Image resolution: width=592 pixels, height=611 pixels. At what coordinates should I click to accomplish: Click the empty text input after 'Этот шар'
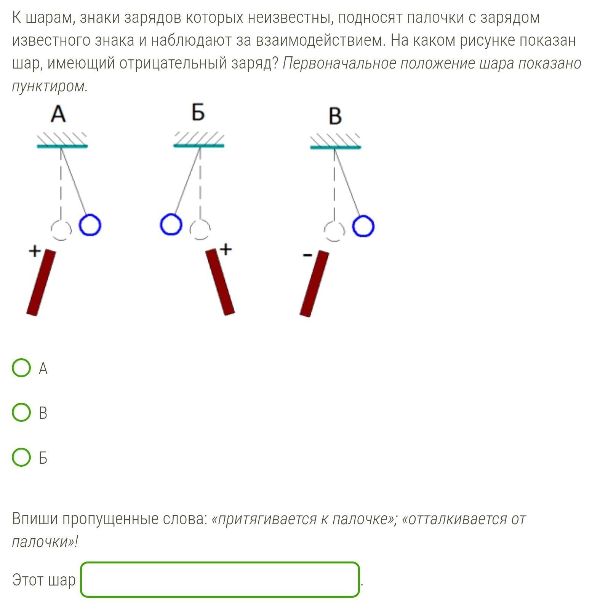point(219,579)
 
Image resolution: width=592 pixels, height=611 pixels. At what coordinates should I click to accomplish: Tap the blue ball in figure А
point(90,225)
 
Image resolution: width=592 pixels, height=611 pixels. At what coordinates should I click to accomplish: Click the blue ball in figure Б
point(171,225)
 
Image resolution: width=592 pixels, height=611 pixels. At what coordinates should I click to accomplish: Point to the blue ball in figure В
point(363,226)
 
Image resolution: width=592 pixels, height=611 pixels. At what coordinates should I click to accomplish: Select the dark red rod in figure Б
point(220,282)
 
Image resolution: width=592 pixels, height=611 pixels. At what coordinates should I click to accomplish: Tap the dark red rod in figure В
point(314,284)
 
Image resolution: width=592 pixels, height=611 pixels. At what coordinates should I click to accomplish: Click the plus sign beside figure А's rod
point(34,251)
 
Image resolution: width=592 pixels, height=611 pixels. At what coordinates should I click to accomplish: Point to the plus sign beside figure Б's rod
point(226,249)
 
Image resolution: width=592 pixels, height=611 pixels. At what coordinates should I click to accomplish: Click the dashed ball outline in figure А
point(61,230)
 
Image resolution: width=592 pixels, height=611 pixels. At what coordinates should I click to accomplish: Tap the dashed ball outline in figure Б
point(200,230)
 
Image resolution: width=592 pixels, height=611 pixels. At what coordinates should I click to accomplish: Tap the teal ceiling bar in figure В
point(335,147)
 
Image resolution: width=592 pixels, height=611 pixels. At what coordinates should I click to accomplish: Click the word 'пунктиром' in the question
point(50,86)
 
